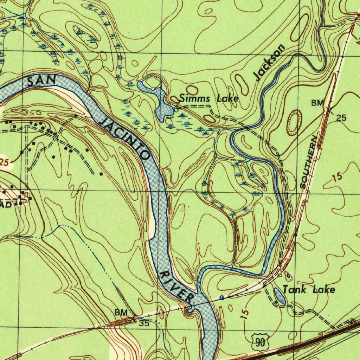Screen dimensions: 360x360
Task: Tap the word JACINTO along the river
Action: coord(126,139)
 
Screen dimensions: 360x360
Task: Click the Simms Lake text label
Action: coord(209,99)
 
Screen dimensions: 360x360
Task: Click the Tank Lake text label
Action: coord(309,290)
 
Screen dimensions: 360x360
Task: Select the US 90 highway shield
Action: coord(261,342)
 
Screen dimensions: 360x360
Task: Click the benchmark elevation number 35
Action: coord(144,323)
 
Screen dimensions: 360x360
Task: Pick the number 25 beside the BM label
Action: coord(341,118)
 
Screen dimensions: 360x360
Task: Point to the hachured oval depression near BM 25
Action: coord(294,123)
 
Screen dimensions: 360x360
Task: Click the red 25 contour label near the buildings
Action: coord(4,163)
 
